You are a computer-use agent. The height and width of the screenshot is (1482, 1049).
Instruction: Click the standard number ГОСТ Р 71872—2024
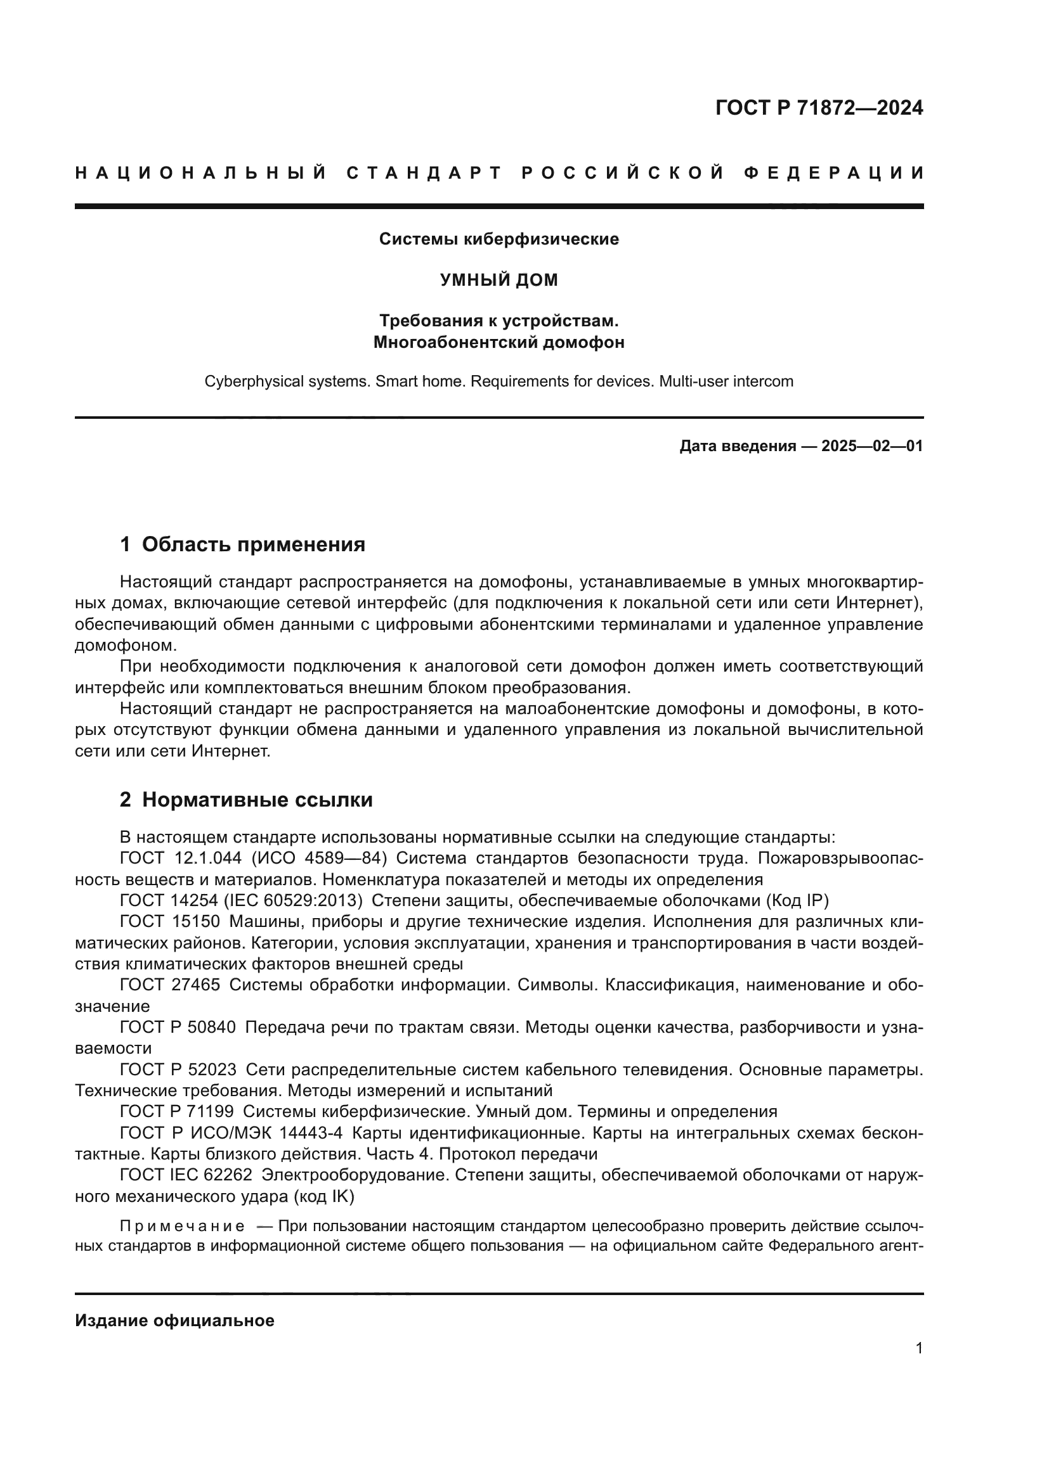tap(818, 108)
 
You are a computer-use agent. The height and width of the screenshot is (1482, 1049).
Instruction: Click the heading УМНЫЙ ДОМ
tap(498, 280)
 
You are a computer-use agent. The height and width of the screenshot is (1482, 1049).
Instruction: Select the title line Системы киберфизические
tap(498, 240)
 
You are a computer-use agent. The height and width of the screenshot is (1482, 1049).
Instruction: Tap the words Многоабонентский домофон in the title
tap(498, 342)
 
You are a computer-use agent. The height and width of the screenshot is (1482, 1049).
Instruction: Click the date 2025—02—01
tap(871, 446)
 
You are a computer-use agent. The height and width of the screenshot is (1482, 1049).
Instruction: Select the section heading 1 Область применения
tap(242, 545)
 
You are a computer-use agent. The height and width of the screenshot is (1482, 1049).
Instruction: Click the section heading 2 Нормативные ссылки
tap(246, 800)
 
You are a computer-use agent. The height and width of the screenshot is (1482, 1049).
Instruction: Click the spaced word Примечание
tap(182, 1227)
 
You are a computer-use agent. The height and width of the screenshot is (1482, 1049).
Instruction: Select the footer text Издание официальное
tap(174, 1320)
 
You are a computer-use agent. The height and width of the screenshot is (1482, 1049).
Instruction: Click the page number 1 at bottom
tap(919, 1348)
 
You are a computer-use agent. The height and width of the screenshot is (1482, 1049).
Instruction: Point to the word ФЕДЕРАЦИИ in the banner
tap(834, 173)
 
